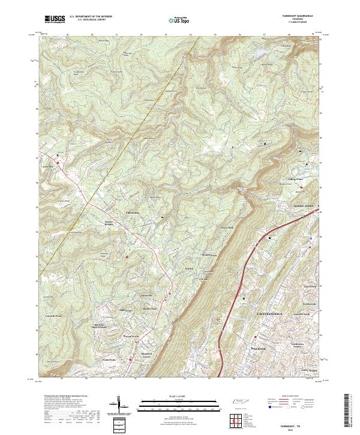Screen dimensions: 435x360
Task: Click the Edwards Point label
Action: point(54,314)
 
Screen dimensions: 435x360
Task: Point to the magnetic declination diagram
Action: point(119,406)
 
